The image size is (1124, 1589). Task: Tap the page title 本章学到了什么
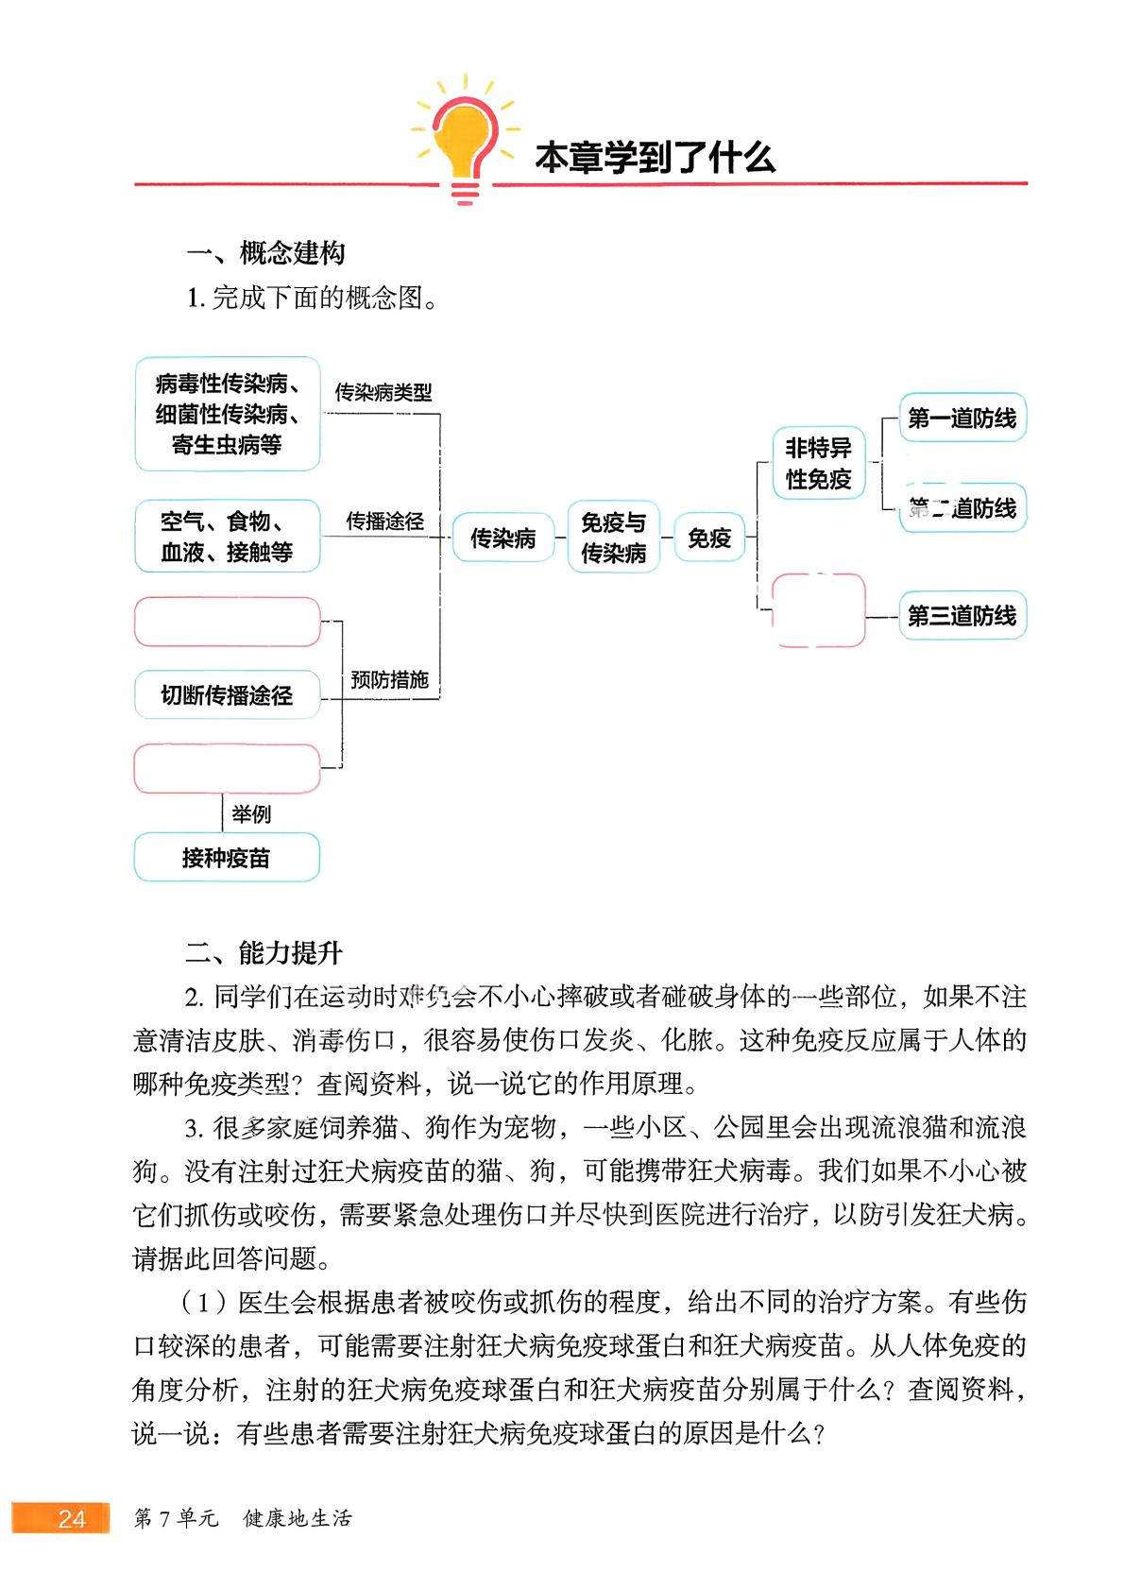[655, 158]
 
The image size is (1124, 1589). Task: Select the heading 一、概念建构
[265, 253]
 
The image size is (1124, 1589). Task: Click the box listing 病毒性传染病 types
[228, 414]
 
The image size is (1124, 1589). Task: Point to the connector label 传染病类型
[383, 392]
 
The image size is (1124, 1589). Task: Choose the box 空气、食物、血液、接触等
[228, 537]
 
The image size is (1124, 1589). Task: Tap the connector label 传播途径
[384, 521]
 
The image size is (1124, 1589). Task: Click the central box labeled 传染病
[502, 538]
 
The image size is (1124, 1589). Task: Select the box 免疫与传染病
[613, 538]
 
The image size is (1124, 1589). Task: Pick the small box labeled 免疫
[708, 538]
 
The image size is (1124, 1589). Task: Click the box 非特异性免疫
[818, 463]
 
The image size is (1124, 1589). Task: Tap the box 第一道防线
[962, 418]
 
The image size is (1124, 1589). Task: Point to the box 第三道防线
[962, 616]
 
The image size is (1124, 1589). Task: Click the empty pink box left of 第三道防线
[818, 610]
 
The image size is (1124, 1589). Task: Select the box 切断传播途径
[227, 695]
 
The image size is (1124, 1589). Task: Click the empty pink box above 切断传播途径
[228, 622]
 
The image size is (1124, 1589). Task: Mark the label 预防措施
[389, 679]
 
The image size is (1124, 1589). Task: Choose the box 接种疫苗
[227, 857]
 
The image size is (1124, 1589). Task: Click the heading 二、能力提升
[264, 952]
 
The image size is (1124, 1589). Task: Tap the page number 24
[71, 1518]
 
